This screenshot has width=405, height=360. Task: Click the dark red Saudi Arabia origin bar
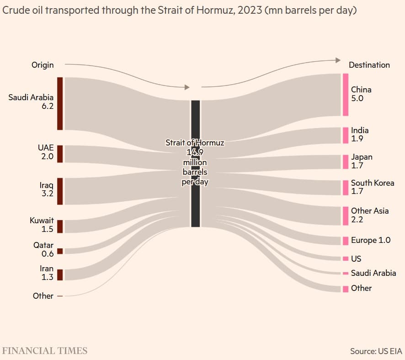pos(60,103)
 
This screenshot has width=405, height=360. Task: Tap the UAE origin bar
pos(60,154)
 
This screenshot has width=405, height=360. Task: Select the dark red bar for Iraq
pos(60,191)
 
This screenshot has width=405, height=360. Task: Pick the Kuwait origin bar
pos(60,226)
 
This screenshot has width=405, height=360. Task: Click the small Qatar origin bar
pos(60,251)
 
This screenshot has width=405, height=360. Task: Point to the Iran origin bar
pos(60,275)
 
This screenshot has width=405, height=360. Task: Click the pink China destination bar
pos(346,95)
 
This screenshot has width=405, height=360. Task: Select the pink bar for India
pos(346,135)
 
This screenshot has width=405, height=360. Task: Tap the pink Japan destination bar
pos(346,162)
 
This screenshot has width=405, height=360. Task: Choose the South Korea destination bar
pos(346,188)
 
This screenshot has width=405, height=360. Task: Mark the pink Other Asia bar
pos(346,216)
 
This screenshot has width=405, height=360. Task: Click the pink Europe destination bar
pos(346,241)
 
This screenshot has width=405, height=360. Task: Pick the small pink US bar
pos(346,259)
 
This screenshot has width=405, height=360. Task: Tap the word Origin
pos(43,65)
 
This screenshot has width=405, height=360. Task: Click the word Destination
pos(369,65)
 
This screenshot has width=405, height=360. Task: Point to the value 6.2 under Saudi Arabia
pos(48,106)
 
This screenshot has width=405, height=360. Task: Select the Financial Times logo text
pos(45,351)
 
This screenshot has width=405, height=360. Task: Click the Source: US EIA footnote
pos(376,351)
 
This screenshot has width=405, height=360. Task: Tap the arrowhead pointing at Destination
pos(338,60)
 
